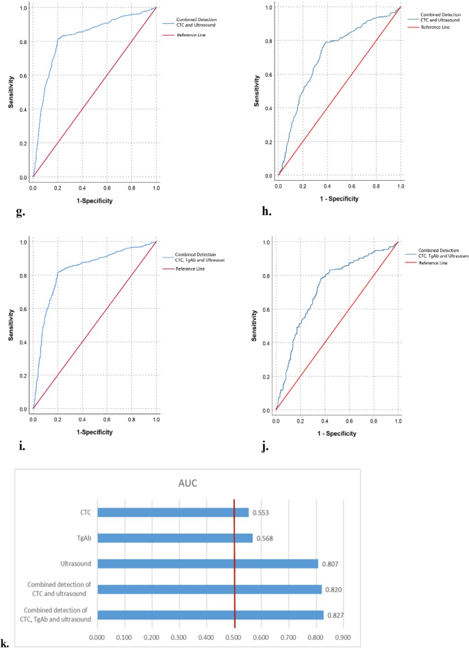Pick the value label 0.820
pos(332,589)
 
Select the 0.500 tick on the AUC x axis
pos(234,636)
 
